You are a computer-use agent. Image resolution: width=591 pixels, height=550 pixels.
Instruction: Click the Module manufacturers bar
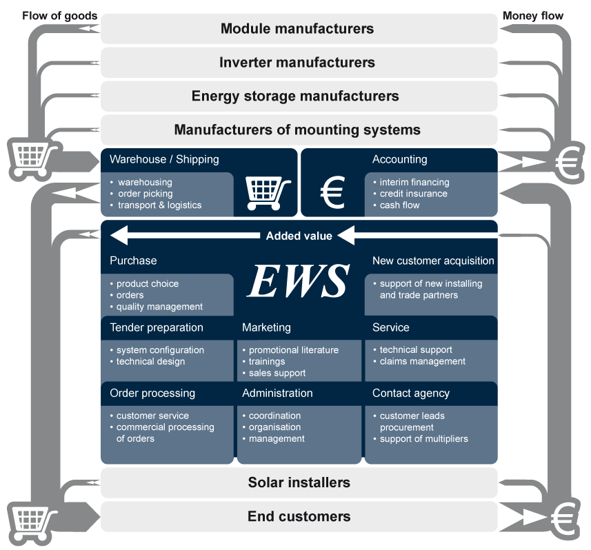pyautogui.click(x=297, y=29)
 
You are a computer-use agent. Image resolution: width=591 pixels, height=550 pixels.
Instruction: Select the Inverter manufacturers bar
pyautogui.click(x=297, y=63)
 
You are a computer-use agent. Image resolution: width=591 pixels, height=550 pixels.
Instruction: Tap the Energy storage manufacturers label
pyautogui.click(x=295, y=96)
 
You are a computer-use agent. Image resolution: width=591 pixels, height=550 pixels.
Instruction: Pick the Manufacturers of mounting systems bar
pyautogui.click(x=297, y=130)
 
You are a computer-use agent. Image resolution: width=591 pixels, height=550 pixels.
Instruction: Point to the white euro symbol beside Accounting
pyautogui.click(x=332, y=192)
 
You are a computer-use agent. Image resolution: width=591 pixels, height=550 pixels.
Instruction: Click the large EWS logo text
pyautogui.click(x=299, y=281)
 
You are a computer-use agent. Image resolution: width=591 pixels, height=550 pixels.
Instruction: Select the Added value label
pyautogui.click(x=299, y=236)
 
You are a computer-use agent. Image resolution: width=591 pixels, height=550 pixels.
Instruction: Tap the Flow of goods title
pyautogui.click(x=60, y=16)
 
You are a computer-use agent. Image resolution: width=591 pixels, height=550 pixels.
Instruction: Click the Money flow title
pyautogui.click(x=533, y=16)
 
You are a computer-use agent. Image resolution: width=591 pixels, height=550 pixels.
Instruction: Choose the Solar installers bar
pyautogui.click(x=299, y=482)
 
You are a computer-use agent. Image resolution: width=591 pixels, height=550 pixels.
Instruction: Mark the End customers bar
pyautogui.click(x=299, y=516)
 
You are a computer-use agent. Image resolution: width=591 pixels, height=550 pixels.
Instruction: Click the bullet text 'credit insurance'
pyautogui.click(x=413, y=194)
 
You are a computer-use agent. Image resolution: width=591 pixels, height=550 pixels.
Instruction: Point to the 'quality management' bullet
pyautogui.click(x=159, y=307)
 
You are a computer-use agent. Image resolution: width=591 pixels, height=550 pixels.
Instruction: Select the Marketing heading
pyautogui.click(x=266, y=327)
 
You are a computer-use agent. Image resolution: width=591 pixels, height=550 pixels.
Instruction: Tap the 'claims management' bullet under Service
pyautogui.click(x=422, y=361)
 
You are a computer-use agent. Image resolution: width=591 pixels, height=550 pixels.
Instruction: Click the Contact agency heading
pyautogui.click(x=411, y=394)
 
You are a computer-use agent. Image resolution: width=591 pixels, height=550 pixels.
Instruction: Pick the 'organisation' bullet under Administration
pyautogui.click(x=274, y=427)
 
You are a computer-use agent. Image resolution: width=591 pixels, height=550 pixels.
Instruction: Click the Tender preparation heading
pyautogui.click(x=157, y=327)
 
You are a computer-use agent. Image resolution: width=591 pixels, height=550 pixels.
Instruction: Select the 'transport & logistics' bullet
pyautogui.click(x=159, y=205)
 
